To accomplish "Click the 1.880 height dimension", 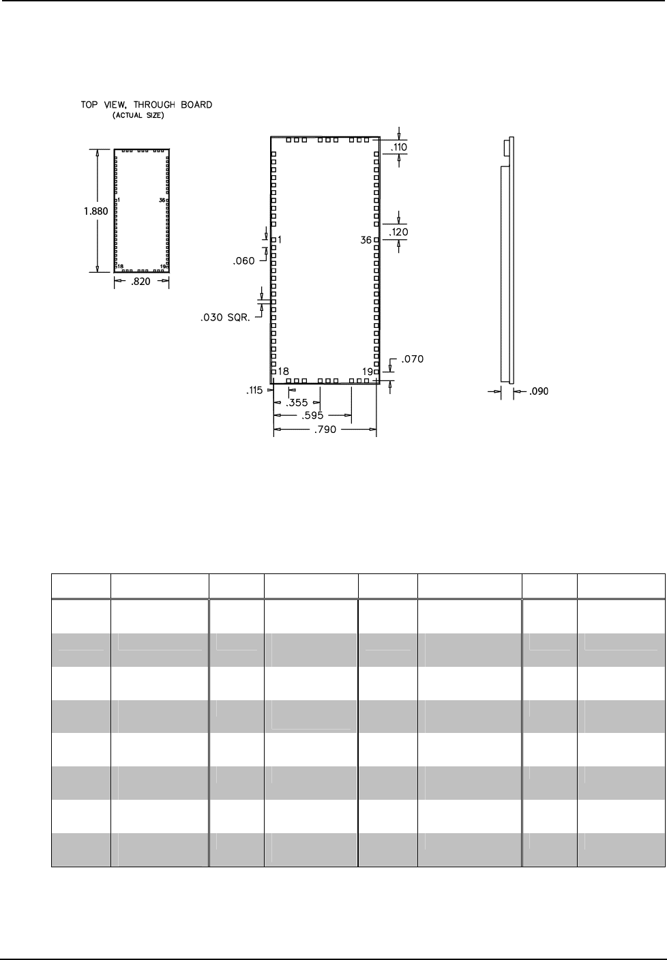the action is coord(95,211).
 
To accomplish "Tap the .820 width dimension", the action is coord(140,282).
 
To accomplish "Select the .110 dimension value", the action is coord(399,147).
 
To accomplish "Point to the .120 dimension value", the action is coord(398,232).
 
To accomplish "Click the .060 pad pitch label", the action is coord(243,261).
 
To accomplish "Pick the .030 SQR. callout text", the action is coord(225,318).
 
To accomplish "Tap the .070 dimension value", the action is coord(413,359).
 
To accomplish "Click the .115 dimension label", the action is coord(254,391).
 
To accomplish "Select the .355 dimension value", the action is coord(297,403).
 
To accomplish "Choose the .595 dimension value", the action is coord(312,416).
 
